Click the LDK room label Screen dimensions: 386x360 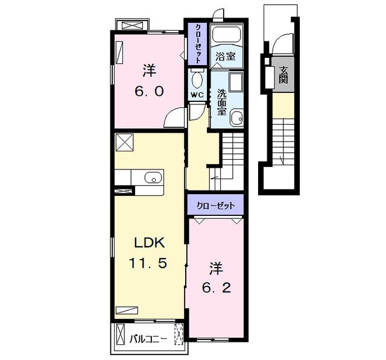click(149, 243)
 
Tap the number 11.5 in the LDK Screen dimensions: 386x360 click(148, 263)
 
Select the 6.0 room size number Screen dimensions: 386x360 click(149, 92)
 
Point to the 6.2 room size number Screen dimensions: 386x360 click(217, 288)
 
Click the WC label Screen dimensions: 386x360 click(197, 95)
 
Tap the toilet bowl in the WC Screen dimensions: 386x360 click(197, 79)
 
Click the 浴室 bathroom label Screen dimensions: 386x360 click(225, 57)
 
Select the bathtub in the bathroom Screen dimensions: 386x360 click(226, 34)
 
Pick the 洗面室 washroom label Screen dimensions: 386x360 click(221, 102)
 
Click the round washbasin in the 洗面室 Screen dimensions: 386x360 click(237, 119)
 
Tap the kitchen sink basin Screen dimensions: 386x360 click(153, 177)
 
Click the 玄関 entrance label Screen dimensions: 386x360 click(283, 75)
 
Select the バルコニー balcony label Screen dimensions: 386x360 click(148, 339)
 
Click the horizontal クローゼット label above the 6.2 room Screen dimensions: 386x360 click(216, 206)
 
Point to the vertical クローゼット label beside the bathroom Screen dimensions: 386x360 click(198, 43)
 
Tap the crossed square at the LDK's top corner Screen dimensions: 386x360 click(125, 142)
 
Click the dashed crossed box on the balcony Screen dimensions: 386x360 click(179, 334)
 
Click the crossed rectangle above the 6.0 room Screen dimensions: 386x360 click(133, 25)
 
